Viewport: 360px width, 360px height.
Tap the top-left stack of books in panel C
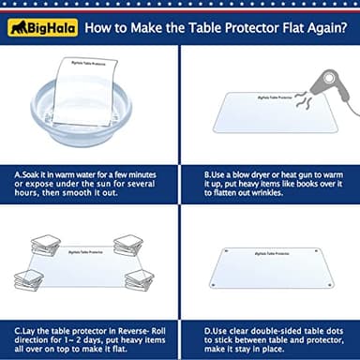[44, 245]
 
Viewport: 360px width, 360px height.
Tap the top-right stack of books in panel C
[128, 245]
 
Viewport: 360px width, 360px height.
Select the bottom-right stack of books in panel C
[139, 278]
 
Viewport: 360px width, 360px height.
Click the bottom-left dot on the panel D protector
[214, 285]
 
